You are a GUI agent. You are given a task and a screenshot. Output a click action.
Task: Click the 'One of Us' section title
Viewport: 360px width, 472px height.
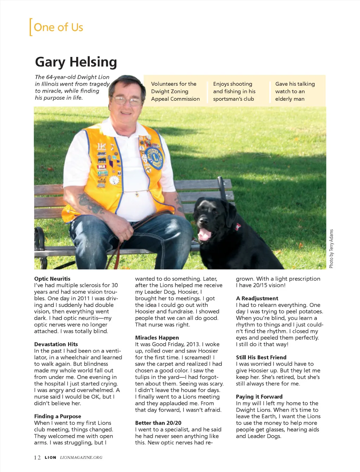[58, 27]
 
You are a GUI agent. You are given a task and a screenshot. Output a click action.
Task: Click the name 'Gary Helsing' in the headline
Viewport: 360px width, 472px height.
[76, 62]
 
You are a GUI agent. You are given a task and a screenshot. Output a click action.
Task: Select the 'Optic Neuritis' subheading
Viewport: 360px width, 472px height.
[52, 279]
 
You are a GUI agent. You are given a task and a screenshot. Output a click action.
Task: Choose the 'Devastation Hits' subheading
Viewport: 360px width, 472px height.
[56, 345]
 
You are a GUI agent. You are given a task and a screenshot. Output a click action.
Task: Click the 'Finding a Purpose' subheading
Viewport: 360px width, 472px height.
[58, 417]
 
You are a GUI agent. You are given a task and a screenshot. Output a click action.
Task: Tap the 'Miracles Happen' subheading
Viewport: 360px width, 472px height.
[157, 338]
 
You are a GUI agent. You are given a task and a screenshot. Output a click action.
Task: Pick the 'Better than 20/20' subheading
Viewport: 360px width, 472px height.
[158, 423]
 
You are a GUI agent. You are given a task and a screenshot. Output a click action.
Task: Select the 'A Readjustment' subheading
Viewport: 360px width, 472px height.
[257, 299]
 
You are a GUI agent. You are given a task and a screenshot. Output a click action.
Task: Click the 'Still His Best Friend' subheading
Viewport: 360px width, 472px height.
[261, 358]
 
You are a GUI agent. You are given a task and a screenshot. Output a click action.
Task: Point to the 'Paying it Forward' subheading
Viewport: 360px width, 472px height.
[259, 397]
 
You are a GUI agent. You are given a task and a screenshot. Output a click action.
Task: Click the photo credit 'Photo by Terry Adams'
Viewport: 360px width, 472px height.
[331, 249]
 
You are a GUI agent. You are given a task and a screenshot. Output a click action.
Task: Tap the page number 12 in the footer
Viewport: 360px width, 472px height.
[37, 458]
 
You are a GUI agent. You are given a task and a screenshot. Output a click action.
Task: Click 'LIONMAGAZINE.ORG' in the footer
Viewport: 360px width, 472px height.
[81, 458]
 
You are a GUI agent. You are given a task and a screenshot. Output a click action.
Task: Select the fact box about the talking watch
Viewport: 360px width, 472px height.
[295, 91]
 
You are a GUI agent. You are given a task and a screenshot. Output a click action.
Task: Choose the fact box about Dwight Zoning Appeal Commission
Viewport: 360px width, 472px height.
[175, 91]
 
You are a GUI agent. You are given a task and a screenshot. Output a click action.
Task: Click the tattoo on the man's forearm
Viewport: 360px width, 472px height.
[91, 204]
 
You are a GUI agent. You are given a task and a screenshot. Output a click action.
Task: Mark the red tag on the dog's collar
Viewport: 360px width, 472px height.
[238, 227]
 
